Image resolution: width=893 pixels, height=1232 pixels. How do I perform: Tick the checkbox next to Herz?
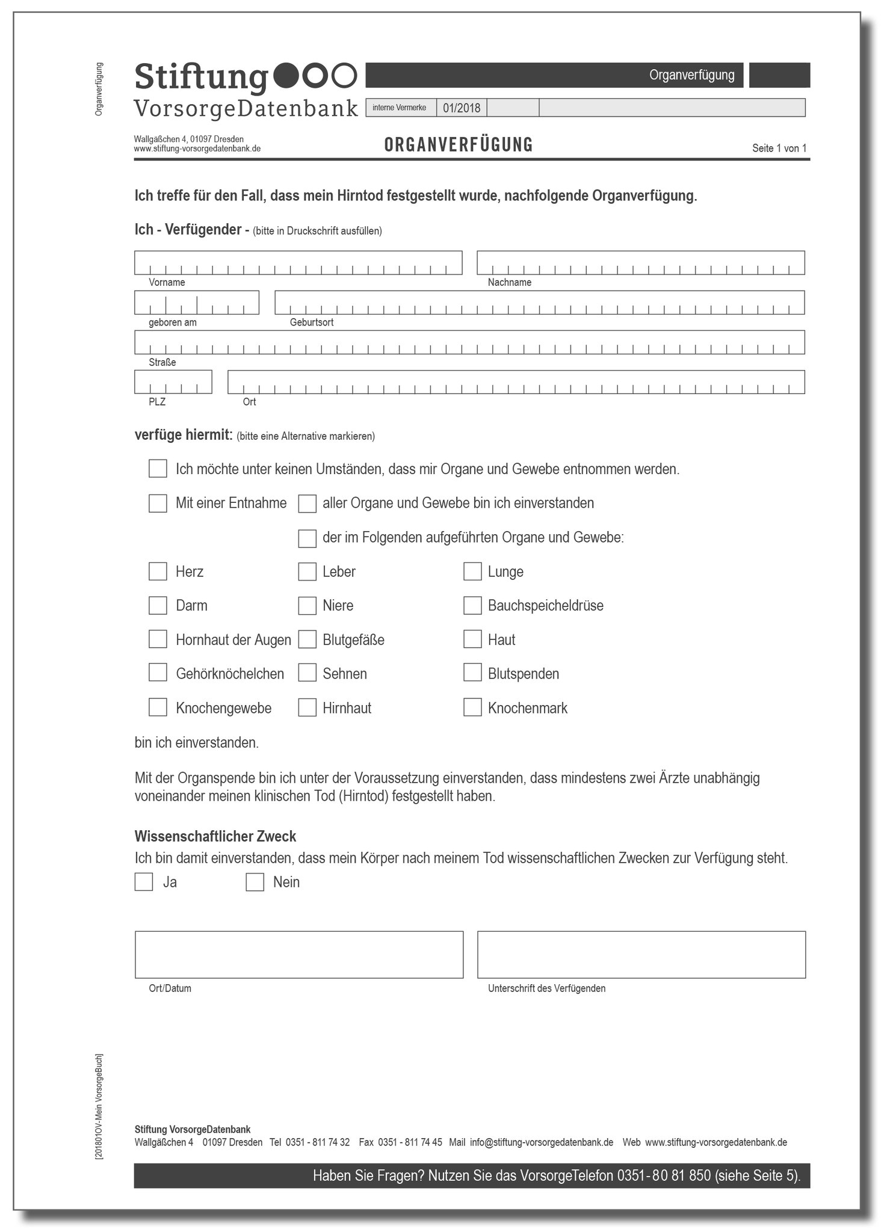click(x=158, y=571)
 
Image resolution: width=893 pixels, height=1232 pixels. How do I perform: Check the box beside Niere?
click(x=307, y=606)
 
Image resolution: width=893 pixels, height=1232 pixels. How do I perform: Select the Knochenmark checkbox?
click(x=472, y=707)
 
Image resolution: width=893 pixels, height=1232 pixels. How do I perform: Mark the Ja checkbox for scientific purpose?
click(x=144, y=882)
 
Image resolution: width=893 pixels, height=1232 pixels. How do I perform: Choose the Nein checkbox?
click(x=255, y=882)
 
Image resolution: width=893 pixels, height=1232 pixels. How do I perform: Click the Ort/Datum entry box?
click(x=299, y=955)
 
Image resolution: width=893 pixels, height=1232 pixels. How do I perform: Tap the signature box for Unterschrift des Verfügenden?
click(x=641, y=955)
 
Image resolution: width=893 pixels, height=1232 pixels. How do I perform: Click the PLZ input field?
click(x=173, y=382)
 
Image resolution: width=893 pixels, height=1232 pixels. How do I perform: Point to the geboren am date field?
click(x=197, y=303)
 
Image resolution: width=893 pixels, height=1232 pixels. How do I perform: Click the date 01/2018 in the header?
click(x=462, y=108)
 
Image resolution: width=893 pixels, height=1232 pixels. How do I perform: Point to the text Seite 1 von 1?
click(x=779, y=149)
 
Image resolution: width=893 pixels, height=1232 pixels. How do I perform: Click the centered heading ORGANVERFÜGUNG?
click(x=459, y=145)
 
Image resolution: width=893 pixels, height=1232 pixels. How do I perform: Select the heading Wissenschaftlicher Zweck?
click(x=215, y=836)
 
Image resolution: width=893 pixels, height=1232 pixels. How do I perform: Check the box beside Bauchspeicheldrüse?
click(x=472, y=606)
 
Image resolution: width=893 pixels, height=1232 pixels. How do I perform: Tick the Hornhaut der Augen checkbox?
click(x=158, y=639)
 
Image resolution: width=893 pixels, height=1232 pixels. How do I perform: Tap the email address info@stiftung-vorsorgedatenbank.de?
click(x=542, y=1142)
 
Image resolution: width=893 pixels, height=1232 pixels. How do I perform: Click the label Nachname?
click(x=510, y=283)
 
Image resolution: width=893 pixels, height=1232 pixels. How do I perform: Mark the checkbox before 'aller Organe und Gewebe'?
click(x=307, y=504)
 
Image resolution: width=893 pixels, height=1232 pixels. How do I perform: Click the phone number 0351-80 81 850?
click(x=664, y=1175)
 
